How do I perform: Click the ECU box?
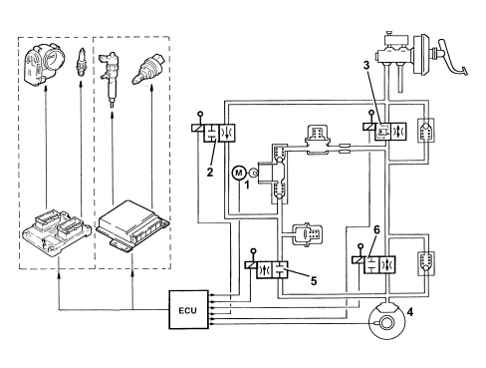tap(188, 309)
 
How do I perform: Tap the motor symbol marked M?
tap(239, 173)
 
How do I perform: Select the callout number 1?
tap(247, 184)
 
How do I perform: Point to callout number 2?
tap(210, 173)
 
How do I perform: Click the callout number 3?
tap(366, 66)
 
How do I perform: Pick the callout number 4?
tap(410, 312)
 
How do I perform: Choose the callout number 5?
tap(314, 281)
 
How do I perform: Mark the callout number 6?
tap(376, 229)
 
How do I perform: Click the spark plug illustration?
tap(80, 63)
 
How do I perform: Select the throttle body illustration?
tap(45, 65)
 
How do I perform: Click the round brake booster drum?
tap(421, 54)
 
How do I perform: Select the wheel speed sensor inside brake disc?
tap(386, 322)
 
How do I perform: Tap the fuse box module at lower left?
tap(57, 232)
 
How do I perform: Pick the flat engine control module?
tap(133, 224)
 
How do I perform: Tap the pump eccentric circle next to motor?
tap(254, 173)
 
